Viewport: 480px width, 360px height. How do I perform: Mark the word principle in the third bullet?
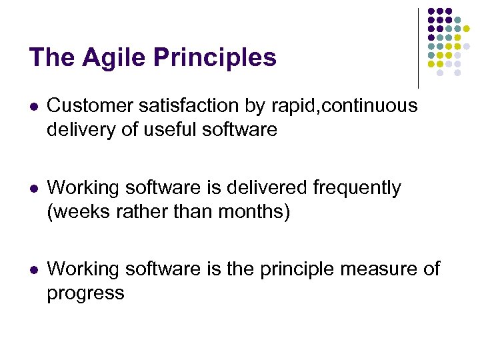[x=309, y=269]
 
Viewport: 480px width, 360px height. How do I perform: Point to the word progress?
[x=85, y=293]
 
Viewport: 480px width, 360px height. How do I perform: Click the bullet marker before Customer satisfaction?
[x=33, y=106]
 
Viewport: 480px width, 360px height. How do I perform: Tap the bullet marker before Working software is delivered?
[x=33, y=189]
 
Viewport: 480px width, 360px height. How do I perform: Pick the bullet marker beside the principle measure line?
[x=33, y=269]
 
